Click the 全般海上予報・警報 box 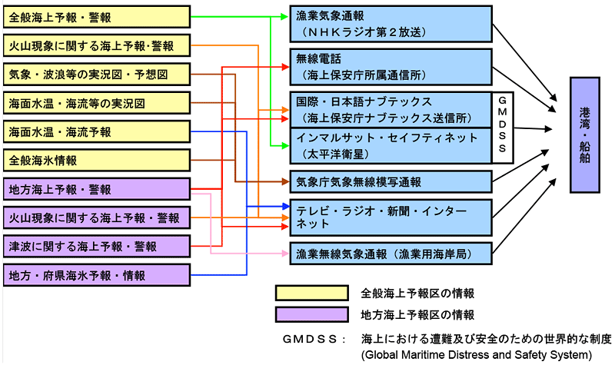pyautogui.click(x=96, y=16)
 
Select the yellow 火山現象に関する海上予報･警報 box pyautogui.click(x=96, y=45)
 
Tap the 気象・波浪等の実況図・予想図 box pyautogui.click(x=96, y=74)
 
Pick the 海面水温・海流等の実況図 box pyautogui.click(x=96, y=102)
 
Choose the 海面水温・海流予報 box pyautogui.click(x=96, y=131)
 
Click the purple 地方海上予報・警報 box pyautogui.click(x=96, y=189)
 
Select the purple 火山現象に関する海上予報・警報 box pyautogui.click(x=96, y=217)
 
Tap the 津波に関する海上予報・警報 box pyautogui.click(x=96, y=246)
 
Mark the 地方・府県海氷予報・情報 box pyautogui.click(x=96, y=274)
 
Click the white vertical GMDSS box pyautogui.click(x=504, y=127)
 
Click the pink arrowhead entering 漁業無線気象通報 pyautogui.click(x=285, y=253)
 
